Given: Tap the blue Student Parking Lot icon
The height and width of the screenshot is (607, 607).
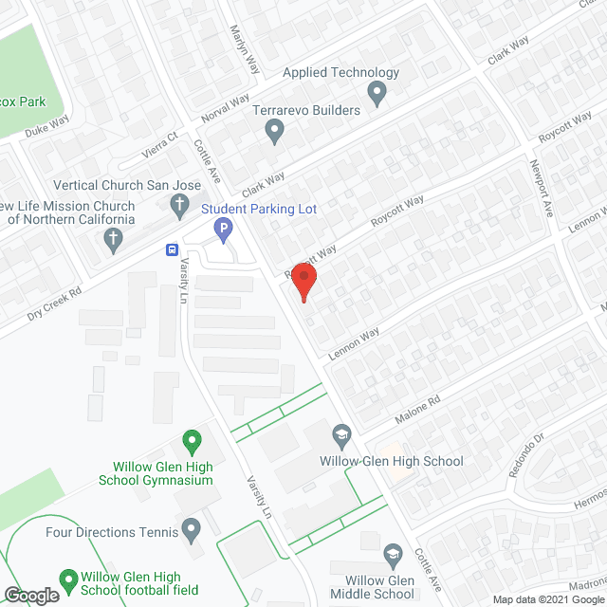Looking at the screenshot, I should [x=223, y=228].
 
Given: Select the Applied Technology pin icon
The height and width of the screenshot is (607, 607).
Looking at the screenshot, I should [x=377, y=93].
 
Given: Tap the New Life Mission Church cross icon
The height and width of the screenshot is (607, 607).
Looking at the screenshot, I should [x=112, y=238].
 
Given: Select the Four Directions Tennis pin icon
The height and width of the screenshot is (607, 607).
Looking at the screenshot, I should [x=192, y=527].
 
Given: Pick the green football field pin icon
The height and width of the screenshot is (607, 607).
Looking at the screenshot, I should [x=68, y=578].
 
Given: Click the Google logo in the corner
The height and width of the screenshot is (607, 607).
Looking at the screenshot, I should [x=31, y=595].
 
